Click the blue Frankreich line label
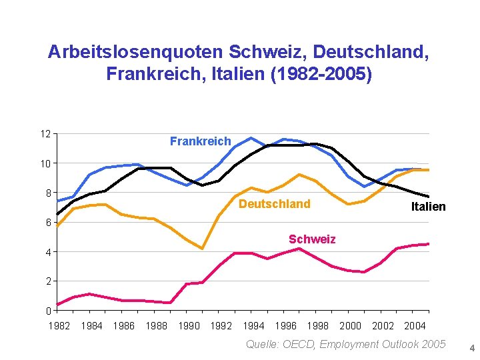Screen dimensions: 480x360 coord(201,141)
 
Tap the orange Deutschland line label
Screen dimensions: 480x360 coord(275,204)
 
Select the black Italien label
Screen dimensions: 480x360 coord(428,207)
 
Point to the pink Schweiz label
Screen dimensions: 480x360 coord(312,239)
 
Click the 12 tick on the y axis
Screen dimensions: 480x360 coord(45,134)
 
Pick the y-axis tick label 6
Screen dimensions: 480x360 coord(49,223)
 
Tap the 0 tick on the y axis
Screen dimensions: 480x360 coord(49,311)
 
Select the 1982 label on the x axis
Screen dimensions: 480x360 coord(59,326)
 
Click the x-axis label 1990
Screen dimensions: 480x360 coord(189,326)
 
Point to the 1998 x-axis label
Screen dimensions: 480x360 coord(318,326)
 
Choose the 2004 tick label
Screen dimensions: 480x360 coord(415,326)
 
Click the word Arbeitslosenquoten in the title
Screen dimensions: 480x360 coord(135,51)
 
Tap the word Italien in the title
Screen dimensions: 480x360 coord(238,73)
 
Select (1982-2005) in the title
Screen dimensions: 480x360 coord(321,74)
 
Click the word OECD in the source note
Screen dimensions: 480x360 coord(299,344)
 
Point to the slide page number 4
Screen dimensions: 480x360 coord(472,348)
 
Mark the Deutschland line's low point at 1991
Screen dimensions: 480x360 coord(203,249)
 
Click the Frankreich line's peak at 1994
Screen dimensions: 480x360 coord(251,138)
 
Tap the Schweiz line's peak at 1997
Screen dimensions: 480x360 coord(299,249)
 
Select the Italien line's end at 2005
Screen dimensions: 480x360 coord(429,197)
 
